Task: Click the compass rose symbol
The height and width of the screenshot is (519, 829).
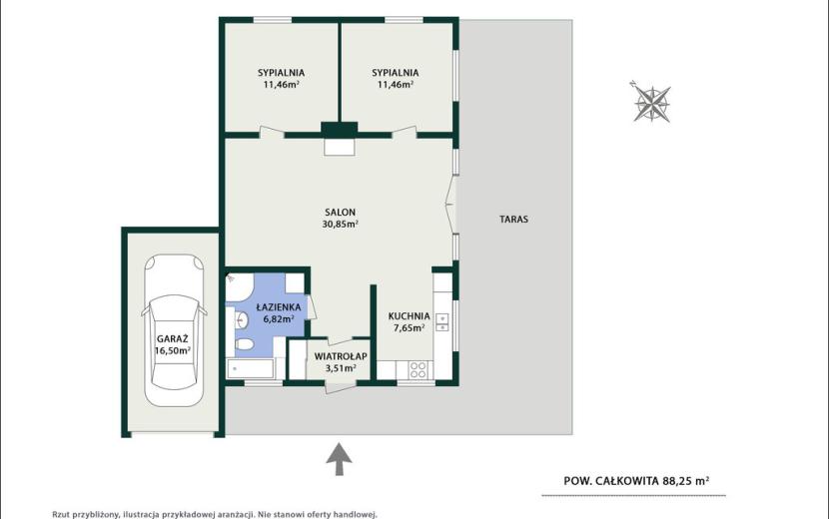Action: pos(652,103)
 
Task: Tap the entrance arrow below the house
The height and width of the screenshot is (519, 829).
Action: pos(339,459)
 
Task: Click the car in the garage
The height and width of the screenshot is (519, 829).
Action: pos(174,330)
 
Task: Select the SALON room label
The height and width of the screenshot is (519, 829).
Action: pos(340,212)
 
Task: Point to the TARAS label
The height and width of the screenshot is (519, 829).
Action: pos(514,219)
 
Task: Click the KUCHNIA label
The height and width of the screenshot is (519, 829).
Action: pos(410,316)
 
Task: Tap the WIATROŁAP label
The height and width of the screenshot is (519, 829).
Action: pos(341,356)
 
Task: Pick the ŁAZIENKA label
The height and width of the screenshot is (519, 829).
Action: pos(279,307)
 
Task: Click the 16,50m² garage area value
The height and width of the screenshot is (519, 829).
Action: pos(173,351)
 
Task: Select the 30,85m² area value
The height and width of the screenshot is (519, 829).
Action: pos(340,224)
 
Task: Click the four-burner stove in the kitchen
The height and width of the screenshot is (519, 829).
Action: pos(417,369)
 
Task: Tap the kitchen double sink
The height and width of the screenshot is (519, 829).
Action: pos(442,321)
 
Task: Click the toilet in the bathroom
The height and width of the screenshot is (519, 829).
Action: pos(244,345)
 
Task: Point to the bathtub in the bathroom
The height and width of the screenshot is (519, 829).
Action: pos(250,369)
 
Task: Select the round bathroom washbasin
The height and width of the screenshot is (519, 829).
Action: pos(242,319)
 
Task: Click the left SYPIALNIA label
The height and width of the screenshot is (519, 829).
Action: pos(282,73)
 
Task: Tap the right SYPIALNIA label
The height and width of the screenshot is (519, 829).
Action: pos(395,73)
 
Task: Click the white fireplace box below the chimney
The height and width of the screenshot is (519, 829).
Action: pos(339,147)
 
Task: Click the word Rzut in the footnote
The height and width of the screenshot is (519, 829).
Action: pos(60,514)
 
